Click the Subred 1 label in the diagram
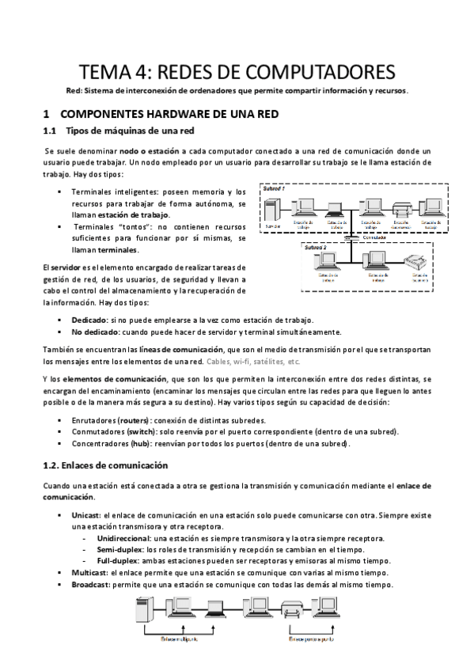coord(275,190)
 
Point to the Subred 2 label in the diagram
coord(317,248)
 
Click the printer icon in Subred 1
coord(400,211)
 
